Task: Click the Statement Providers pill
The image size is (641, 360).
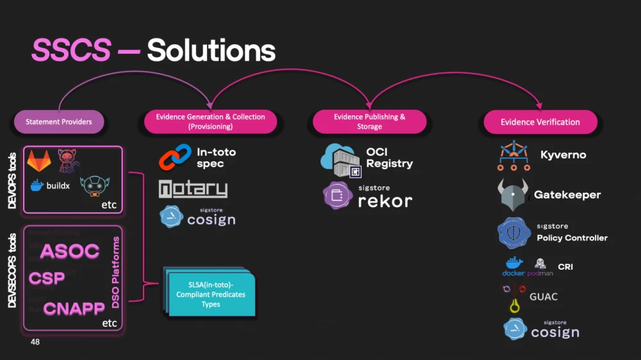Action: point(59,122)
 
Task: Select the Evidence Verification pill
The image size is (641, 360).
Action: point(540,122)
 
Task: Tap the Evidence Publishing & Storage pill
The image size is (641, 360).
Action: point(369,122)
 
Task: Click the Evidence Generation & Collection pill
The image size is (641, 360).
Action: point(210,122)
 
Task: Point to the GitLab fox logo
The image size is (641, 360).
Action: point(39,161)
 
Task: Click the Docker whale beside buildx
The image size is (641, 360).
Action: point(37,186)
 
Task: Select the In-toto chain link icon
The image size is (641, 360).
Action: point(175,158)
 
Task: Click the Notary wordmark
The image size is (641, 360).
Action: point(193,189)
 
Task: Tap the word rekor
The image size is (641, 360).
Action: point(385,200)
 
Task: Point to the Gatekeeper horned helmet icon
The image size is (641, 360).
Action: point(513,195)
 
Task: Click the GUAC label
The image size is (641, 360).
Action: point(544,297)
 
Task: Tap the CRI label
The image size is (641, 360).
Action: point(565,267)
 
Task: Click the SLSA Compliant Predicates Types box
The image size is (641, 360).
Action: point(211,294)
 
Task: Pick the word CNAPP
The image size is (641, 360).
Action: point(74,309)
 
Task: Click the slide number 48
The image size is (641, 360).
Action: point(35,342)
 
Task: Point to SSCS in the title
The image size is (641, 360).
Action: point(71,51)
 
